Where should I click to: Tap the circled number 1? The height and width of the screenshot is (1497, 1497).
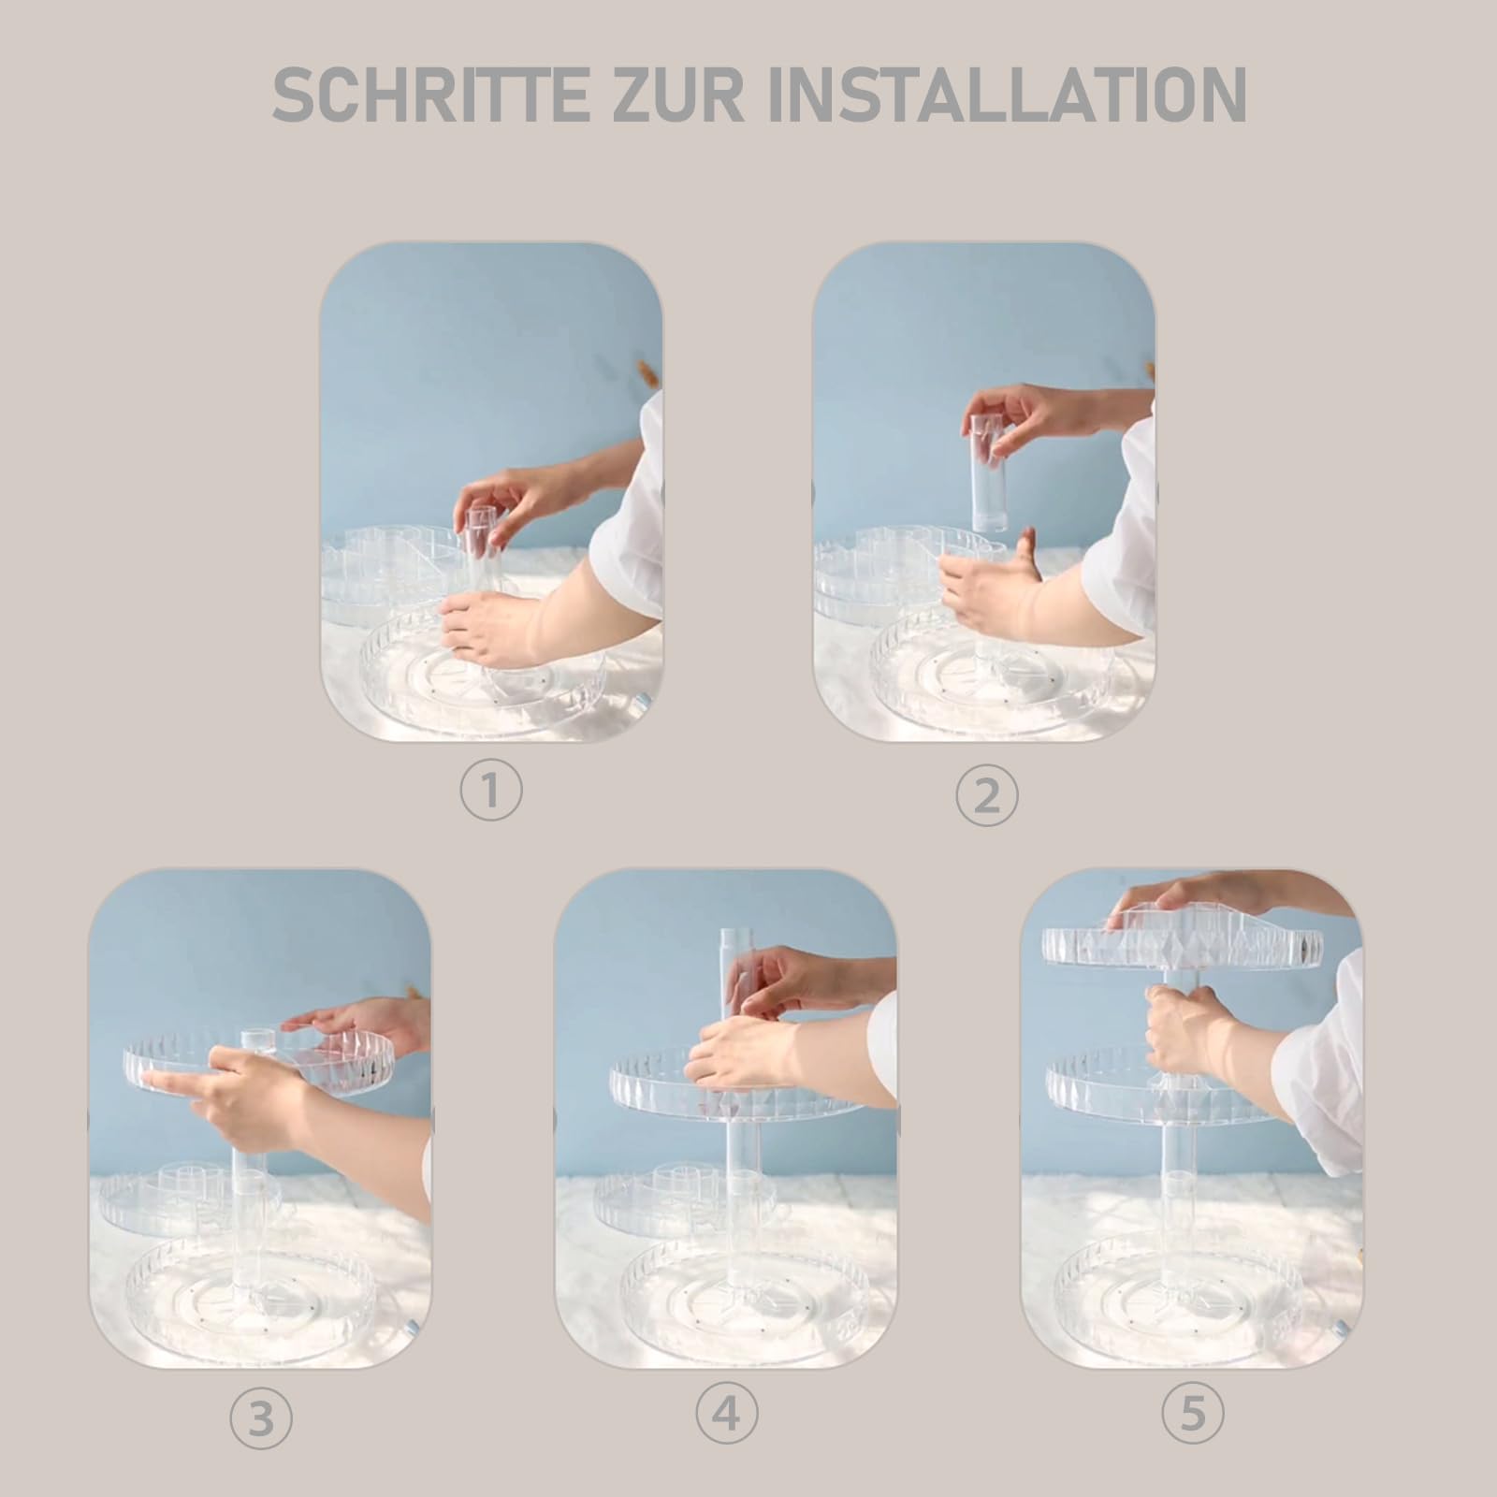[491, 792]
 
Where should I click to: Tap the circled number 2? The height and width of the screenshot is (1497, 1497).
[986, 796]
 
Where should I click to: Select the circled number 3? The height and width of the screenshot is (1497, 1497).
[261, 1419]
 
